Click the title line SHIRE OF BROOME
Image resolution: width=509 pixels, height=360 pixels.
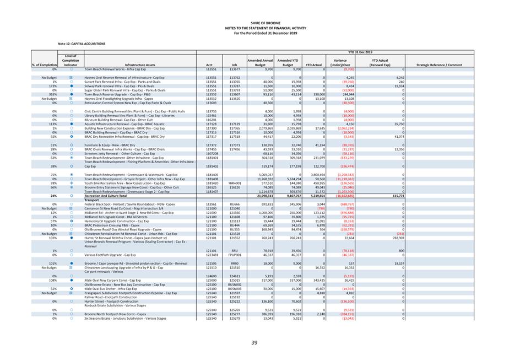[254, 22]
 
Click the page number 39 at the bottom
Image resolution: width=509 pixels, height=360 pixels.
[254, 343]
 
